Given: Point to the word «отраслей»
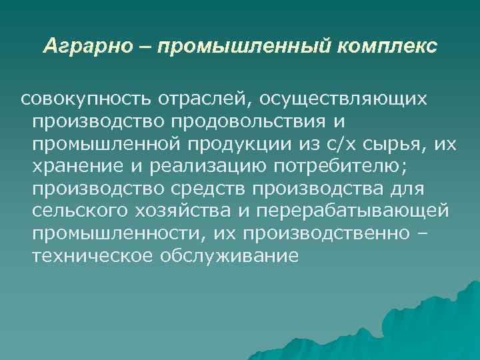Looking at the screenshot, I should click(203, 99).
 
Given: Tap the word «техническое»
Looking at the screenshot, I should click(91, 257).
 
